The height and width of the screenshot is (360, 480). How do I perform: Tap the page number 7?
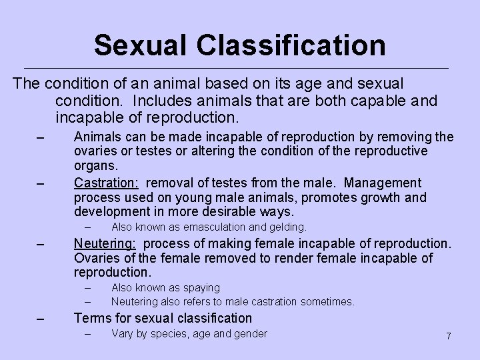(449, 336)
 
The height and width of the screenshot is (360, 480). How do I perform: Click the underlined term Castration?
(107, 183)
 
